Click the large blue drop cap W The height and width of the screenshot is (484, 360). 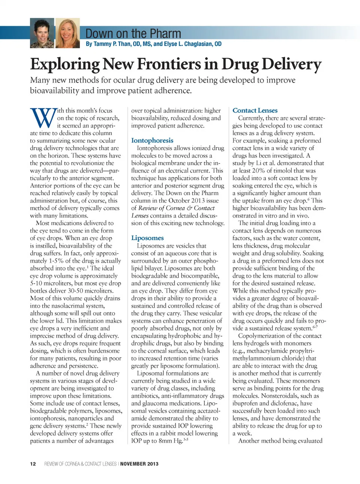click(43, 118)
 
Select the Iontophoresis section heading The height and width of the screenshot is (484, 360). click(152, 140)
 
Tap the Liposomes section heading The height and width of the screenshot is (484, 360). click(147, 238)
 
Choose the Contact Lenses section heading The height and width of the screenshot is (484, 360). click(255, 110)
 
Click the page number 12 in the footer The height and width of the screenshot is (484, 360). click(33, 464)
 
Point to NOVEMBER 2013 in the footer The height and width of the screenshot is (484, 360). click(139, 464)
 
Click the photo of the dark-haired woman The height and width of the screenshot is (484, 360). click(42, 33)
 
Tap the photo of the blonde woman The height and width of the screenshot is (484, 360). click(68, 33)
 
